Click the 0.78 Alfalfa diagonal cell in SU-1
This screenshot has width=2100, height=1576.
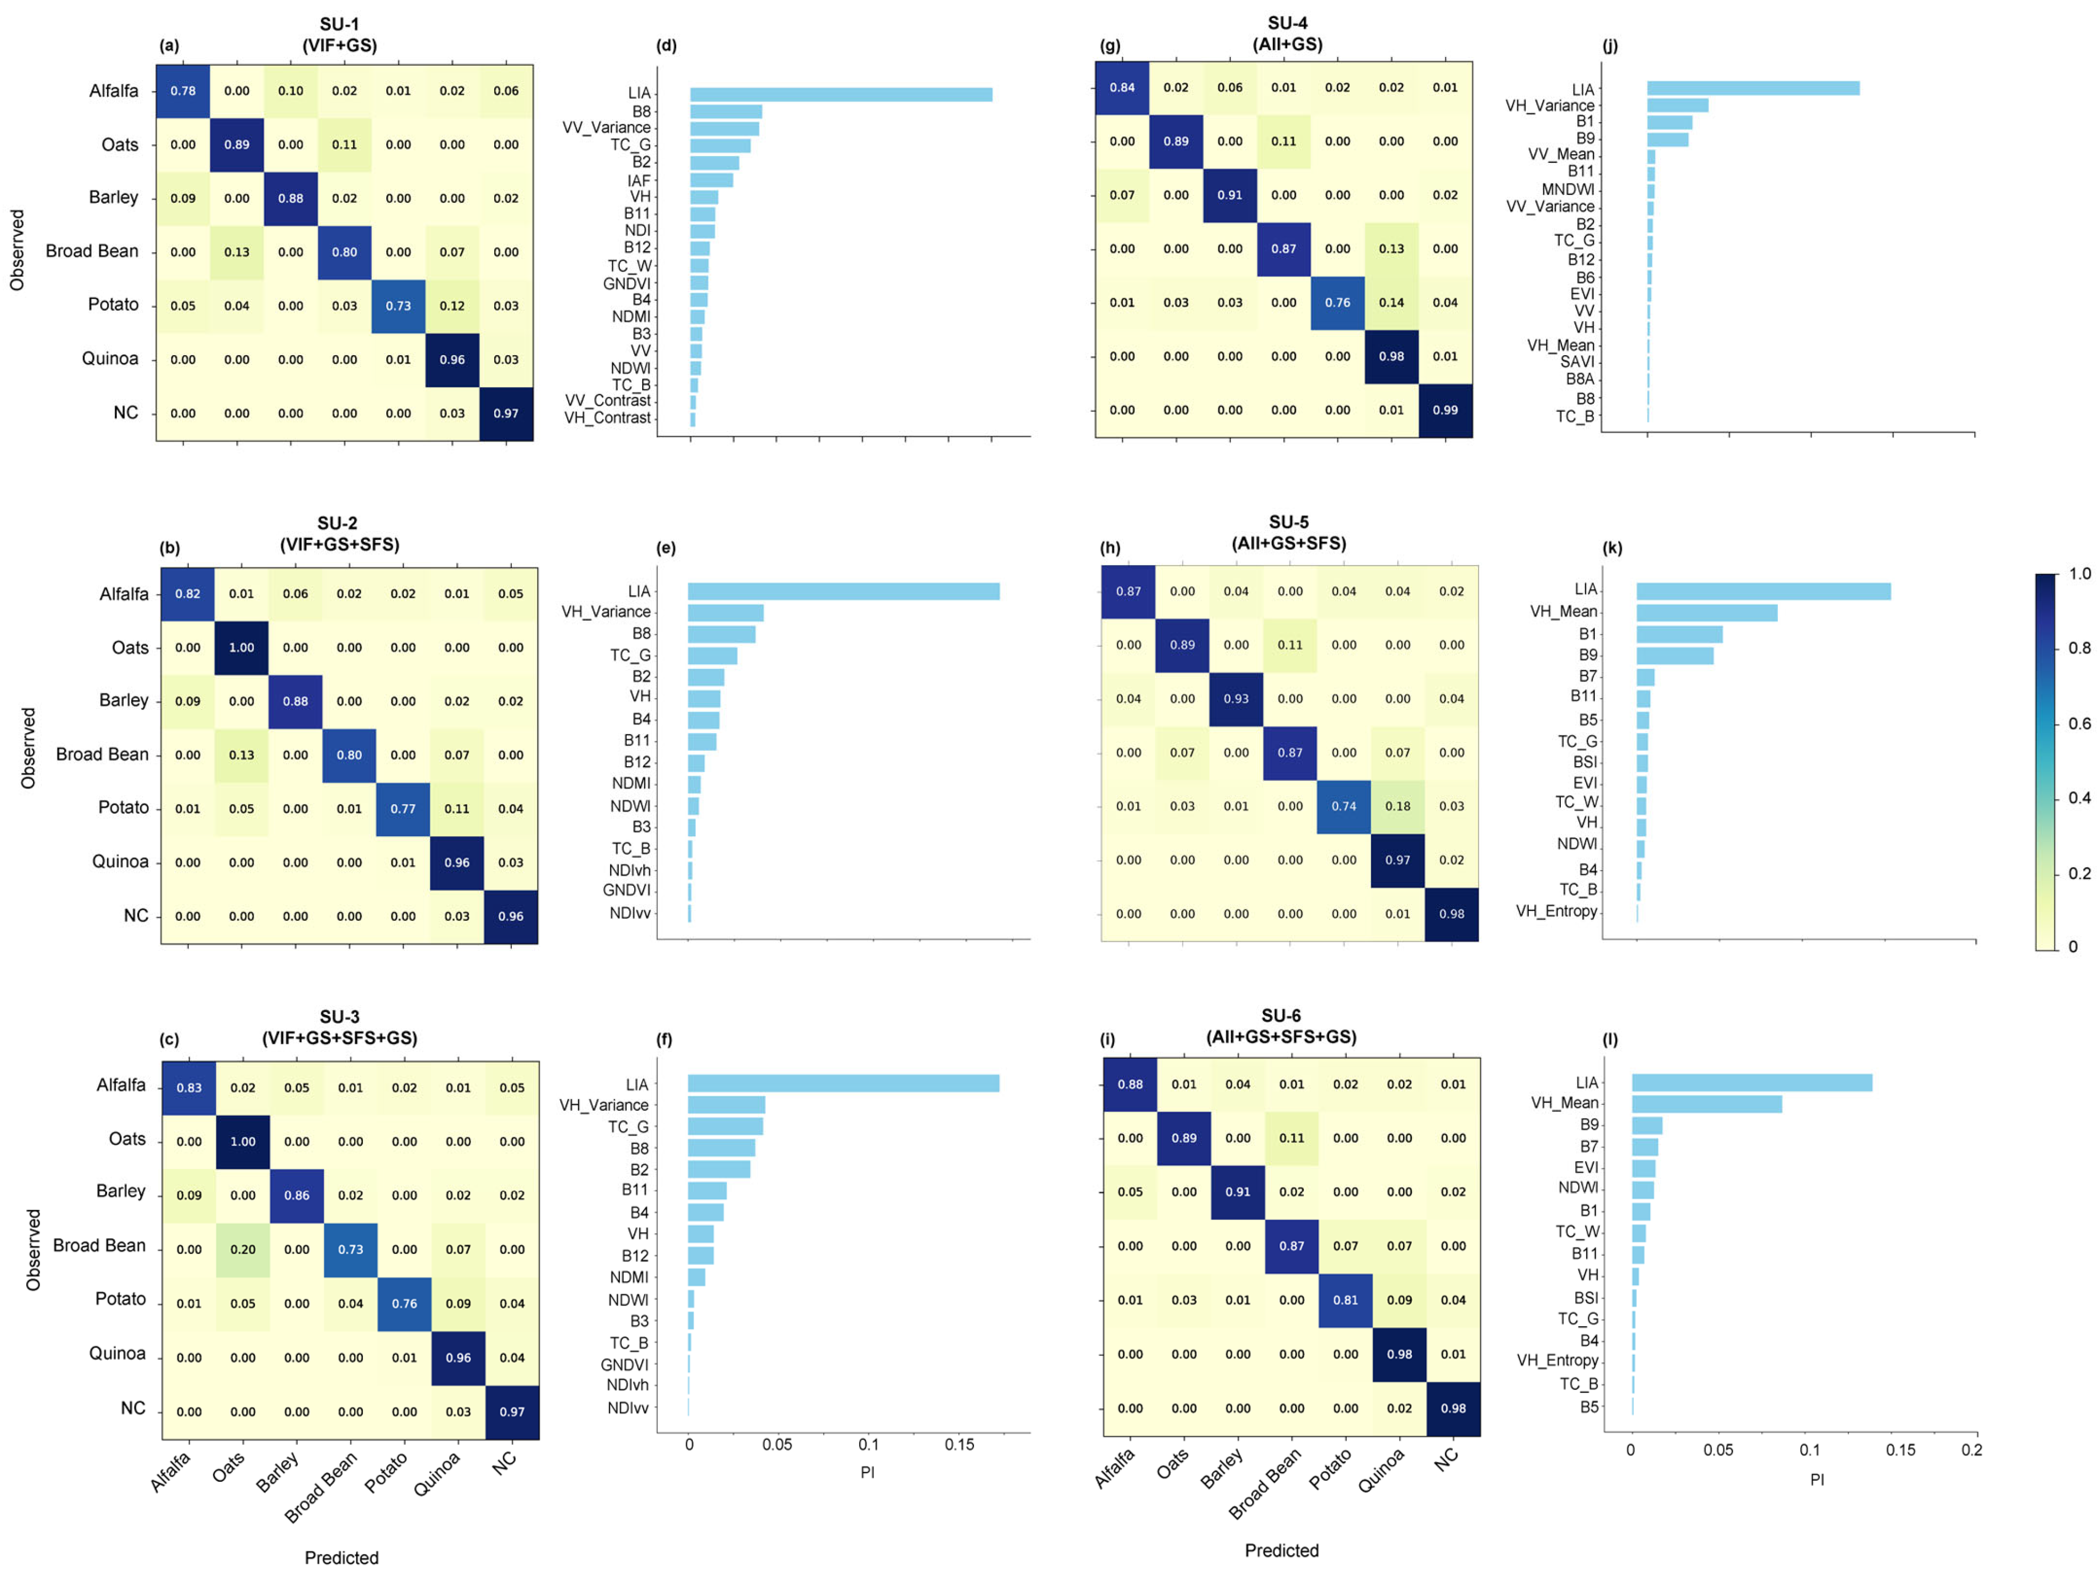click(182, 91)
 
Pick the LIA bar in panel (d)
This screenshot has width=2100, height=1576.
click(840, 94)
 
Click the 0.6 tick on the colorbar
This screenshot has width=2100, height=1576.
click(2079, 723)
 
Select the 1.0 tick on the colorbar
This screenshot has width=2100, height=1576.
click(2079, 573)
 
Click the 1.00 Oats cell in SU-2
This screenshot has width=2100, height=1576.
click(241, 647)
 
